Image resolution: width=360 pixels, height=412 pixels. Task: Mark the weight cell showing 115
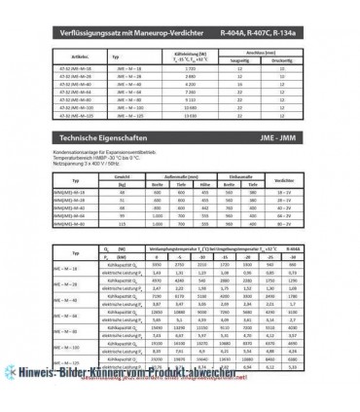tap(124, 226)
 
